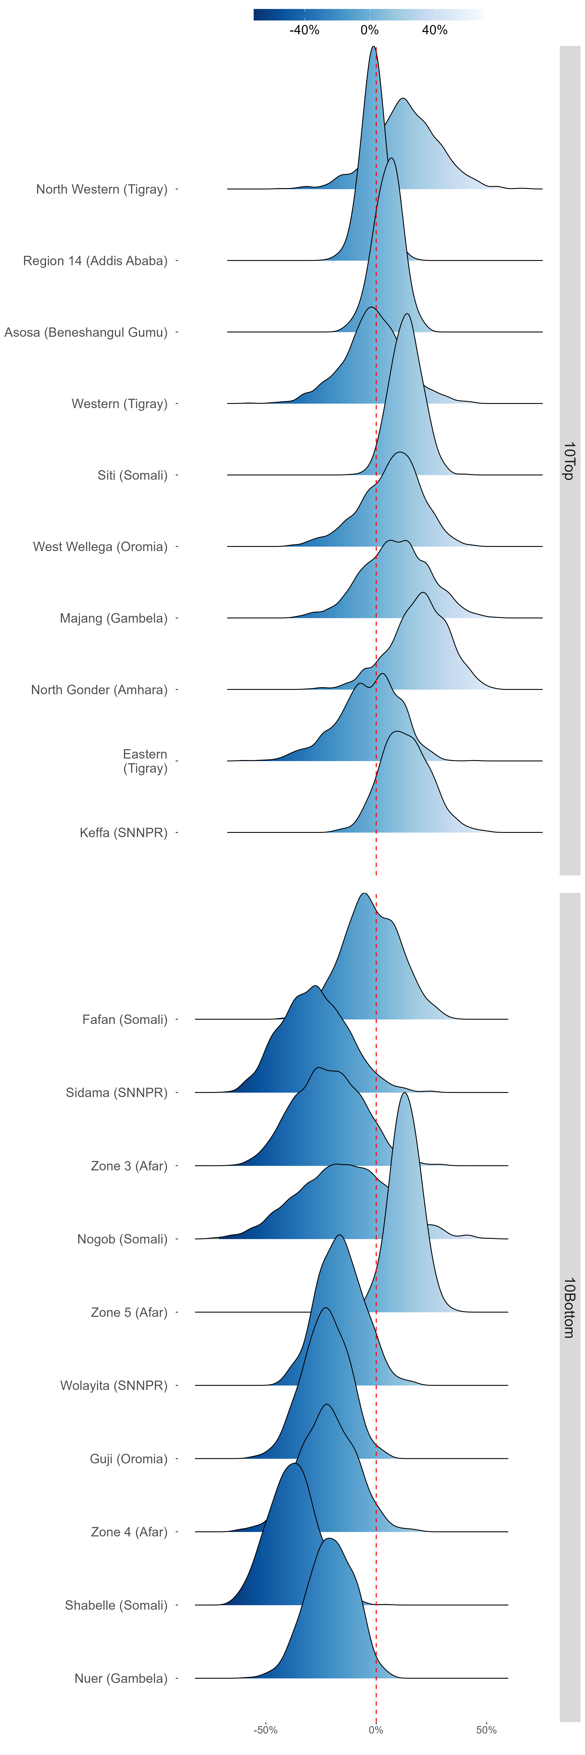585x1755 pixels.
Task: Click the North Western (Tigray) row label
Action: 101,189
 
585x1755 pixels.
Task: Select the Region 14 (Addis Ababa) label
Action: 95,261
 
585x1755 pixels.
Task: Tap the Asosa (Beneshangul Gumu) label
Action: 86,332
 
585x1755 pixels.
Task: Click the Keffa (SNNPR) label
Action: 123,832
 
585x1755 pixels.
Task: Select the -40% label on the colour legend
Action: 304,30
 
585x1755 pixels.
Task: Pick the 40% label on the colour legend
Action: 434,30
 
